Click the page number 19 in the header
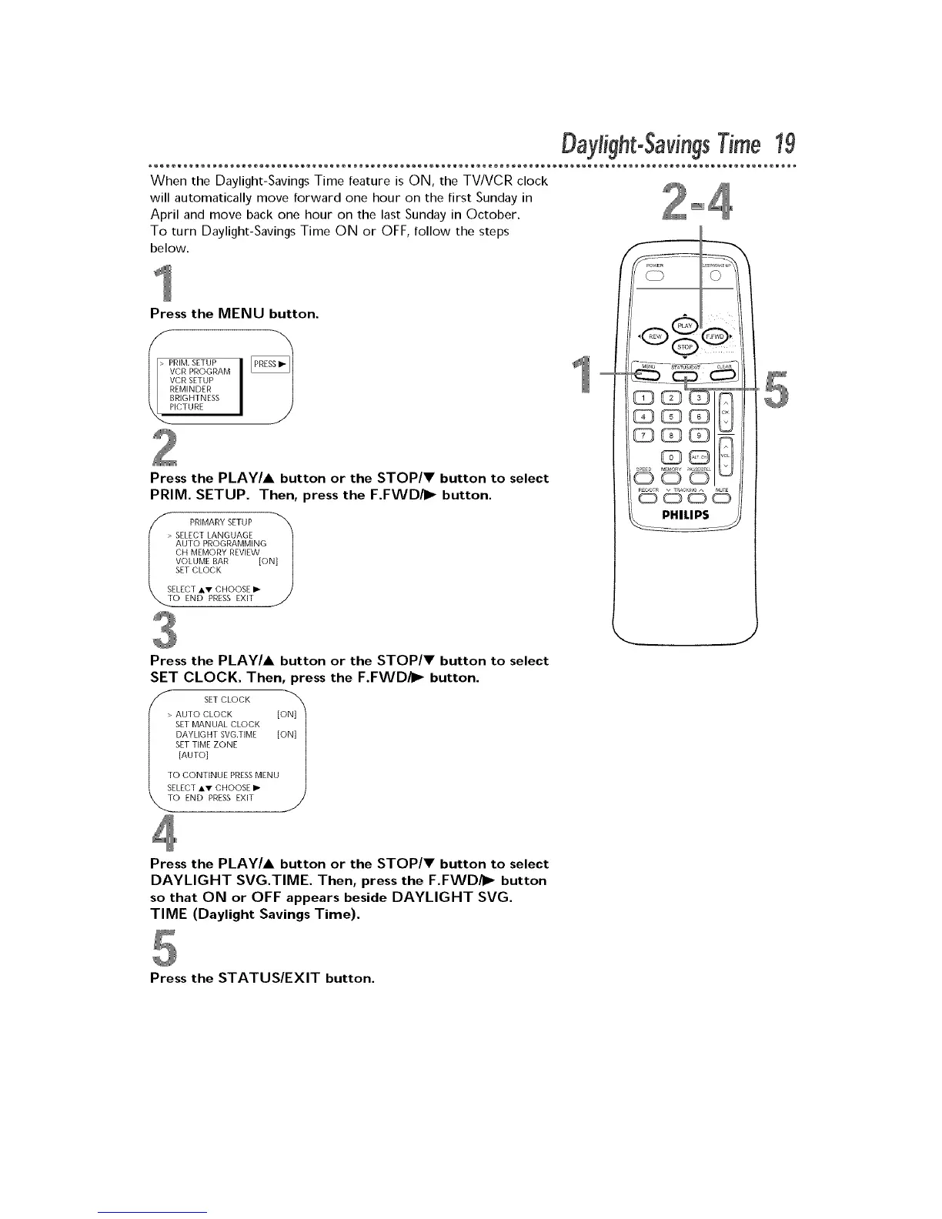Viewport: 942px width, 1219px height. click(x=784, y=144)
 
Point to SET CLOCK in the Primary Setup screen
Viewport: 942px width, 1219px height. click(x=199, y=570)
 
